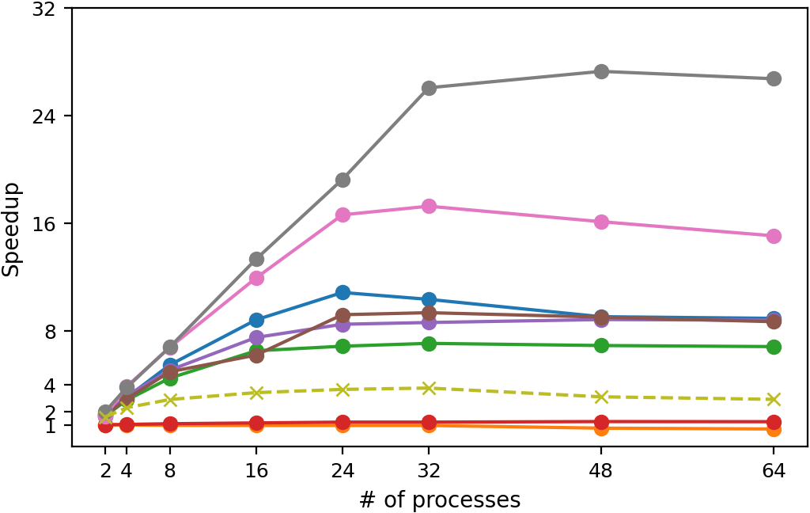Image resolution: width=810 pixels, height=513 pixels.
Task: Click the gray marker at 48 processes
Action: pyautogui.click(x=601, y=71)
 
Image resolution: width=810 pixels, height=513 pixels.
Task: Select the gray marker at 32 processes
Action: pyautogui.click(x=429, y=88)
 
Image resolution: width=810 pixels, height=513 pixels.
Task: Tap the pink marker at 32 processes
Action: pyautogui.click(x=429, y=207)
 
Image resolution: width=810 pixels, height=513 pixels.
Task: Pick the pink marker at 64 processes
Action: pyautogui.click(x=774, y=237)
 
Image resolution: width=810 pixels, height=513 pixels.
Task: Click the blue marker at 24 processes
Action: pyautogui.click(x=343, y=293)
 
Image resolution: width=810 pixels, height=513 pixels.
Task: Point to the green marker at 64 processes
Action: pyautogui.click(x=774, y=347)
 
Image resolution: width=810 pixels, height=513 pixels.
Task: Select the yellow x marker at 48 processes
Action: pyautogui.click(x=601, y=397)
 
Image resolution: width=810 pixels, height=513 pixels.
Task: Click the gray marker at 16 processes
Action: pyautogui.click(x=256, y=259)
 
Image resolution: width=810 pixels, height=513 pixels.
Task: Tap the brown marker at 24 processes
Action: pyautogui.click(x=343, y=315)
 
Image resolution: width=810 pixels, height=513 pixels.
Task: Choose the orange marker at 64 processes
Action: pyautogui.click(x=774, y=430)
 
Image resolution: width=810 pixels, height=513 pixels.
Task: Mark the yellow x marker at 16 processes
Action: pyautogui.click(x=256, y=393)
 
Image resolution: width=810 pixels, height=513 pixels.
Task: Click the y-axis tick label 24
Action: pyautogui.click(x=44, y=116)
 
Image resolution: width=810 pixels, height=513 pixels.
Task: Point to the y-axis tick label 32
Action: pyautogui.click(x=44, y=8)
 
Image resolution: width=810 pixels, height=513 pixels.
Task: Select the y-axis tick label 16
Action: pyautogui.click(x=44, y=223)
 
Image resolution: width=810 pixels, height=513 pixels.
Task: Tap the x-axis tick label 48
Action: pyautogui.click(x=601, y=470)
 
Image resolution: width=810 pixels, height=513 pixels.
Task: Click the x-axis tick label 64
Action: pyautogui.click(x=774, y=470)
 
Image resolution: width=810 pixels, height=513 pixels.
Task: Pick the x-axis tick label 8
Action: pyautogui.click(x=170, y=470)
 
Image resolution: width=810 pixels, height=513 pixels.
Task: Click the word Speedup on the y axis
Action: pyautogui.click(x=11, y=230)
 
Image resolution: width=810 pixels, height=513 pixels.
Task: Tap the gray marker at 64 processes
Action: pyautogui.click(x=774, y=79)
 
